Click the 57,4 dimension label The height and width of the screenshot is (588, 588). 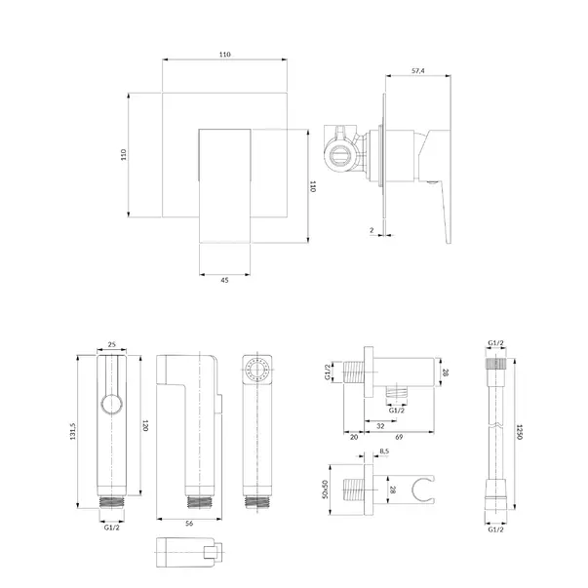point(417,70)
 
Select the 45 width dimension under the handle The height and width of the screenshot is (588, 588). point(224,280)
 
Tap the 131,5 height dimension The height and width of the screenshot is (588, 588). point(73,431)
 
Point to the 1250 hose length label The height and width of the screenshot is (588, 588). point(520,432)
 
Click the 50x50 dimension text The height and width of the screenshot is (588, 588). point(325,489)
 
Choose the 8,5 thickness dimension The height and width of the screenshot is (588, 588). point(384,451)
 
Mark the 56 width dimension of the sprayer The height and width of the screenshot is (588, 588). point(189,523)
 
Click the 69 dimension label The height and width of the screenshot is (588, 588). point(399,437)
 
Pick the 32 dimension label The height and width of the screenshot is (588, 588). point(380,426)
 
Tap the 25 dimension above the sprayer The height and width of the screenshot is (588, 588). point(112,344)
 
